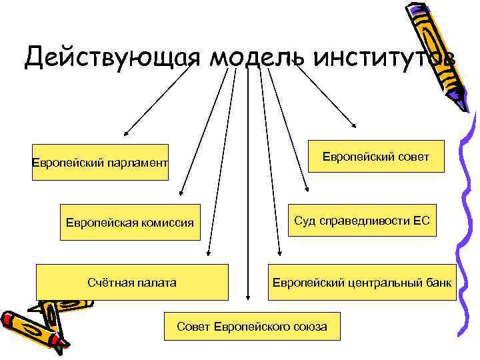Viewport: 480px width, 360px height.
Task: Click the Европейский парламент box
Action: [101, 162]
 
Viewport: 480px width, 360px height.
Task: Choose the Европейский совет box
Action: [376, 157]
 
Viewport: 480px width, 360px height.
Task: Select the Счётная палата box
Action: [132, 282]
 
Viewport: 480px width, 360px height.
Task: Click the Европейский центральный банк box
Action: [361, 282]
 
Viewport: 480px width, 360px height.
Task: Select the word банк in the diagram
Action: [438, 283]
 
